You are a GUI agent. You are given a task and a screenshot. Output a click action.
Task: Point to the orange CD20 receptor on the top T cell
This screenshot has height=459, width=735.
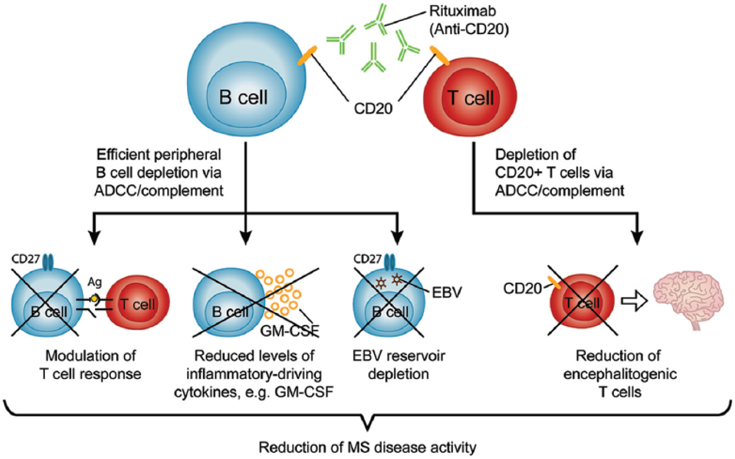pos(440,55)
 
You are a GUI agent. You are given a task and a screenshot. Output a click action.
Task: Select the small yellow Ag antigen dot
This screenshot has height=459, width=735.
pos(95,298)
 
